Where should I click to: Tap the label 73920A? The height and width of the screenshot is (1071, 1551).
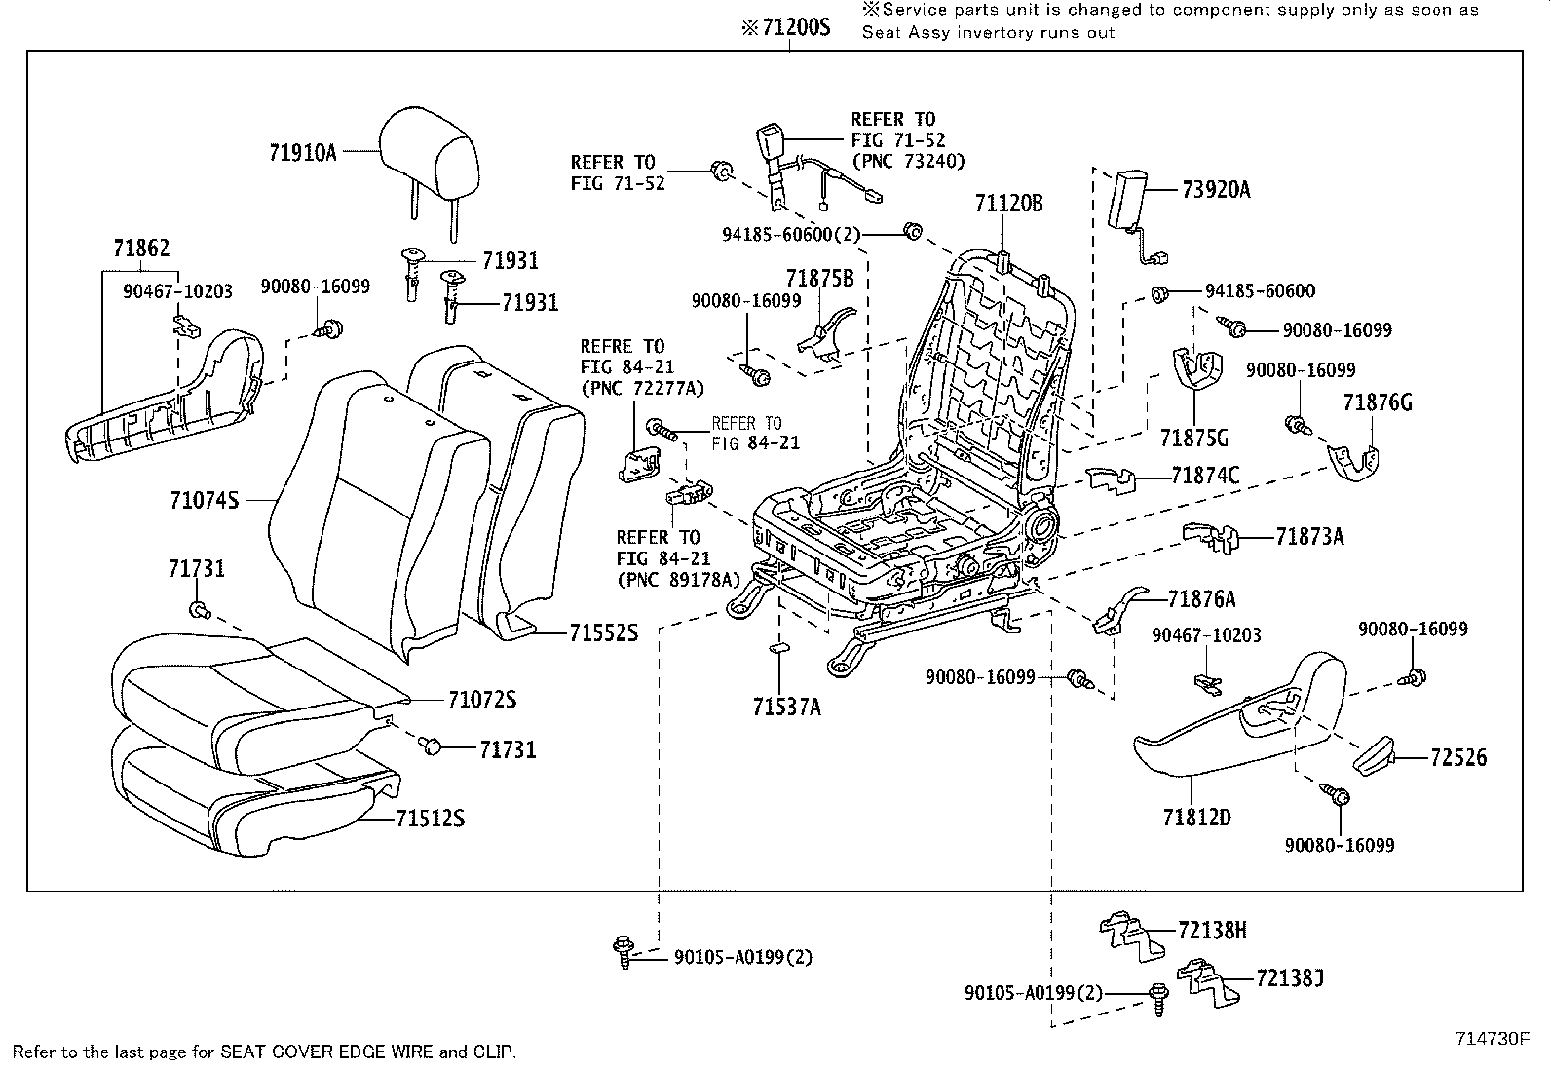point(1216,190)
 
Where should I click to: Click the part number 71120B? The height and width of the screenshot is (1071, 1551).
point(1008,204)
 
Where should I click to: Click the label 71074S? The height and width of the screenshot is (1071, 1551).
point(204,500)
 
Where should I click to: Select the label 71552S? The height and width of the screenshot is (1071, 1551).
point(603,633)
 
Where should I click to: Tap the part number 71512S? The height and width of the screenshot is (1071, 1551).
point(430,819)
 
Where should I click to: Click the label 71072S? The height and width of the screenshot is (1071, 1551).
point(481,700)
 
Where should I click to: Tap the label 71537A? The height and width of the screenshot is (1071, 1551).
point(786,707)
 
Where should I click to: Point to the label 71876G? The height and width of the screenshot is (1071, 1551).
point(1377,402)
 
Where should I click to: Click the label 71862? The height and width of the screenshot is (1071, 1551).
point(140,249)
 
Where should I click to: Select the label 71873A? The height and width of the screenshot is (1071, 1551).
point(1309,536)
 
